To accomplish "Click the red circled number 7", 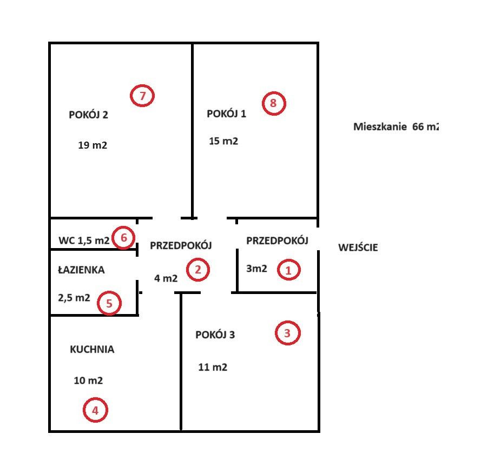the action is point(142,96).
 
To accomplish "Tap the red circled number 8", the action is point(274,103).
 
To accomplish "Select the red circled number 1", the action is point(288,270).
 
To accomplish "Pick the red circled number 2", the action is point(198,270).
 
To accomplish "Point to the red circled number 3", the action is point(287,333).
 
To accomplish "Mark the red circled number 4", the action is point(95,410).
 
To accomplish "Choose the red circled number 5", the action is point(109,303).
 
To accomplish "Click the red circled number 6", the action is point(123,238).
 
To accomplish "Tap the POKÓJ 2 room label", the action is point(88,115).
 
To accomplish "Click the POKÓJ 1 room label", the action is point(226,113).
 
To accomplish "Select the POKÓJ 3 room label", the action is point(215,335).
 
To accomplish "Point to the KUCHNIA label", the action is point(92,349).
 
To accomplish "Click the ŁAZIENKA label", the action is point(81,270).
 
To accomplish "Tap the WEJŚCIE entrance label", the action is point(358,247).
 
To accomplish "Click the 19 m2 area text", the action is point(93,145).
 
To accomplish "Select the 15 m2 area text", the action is point(223,141).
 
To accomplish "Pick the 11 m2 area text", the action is point(213,367).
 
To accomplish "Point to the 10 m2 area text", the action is point(88,380).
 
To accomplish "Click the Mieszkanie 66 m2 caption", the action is point(396,126).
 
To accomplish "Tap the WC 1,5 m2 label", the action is point(84,241).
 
